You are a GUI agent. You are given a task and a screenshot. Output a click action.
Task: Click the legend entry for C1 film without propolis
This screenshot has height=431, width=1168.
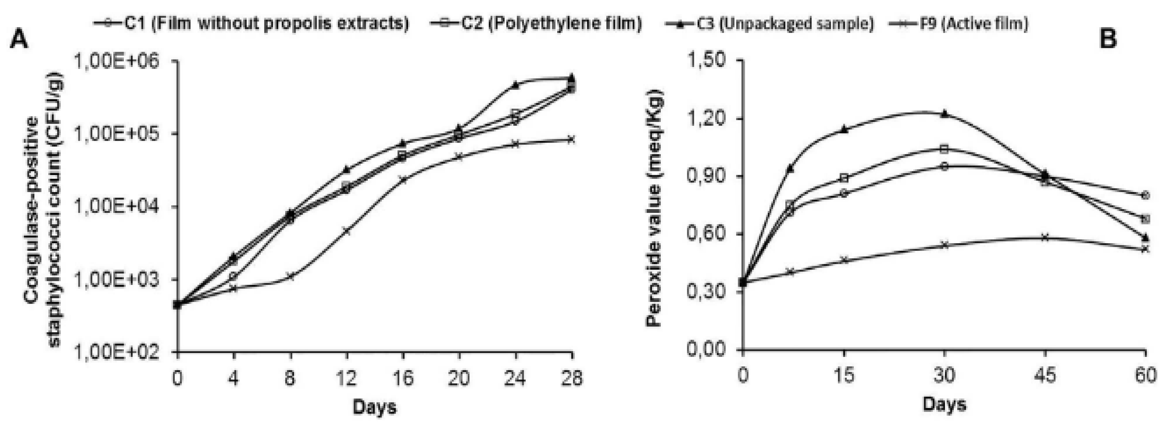252,23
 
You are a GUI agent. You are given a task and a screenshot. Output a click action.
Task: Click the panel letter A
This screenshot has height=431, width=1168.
19,41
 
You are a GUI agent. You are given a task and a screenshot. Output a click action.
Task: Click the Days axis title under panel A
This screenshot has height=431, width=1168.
374,407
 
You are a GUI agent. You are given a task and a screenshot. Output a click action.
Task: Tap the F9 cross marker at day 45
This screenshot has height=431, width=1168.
1045,237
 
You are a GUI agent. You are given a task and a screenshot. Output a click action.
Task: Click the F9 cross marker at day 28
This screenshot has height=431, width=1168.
571,139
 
